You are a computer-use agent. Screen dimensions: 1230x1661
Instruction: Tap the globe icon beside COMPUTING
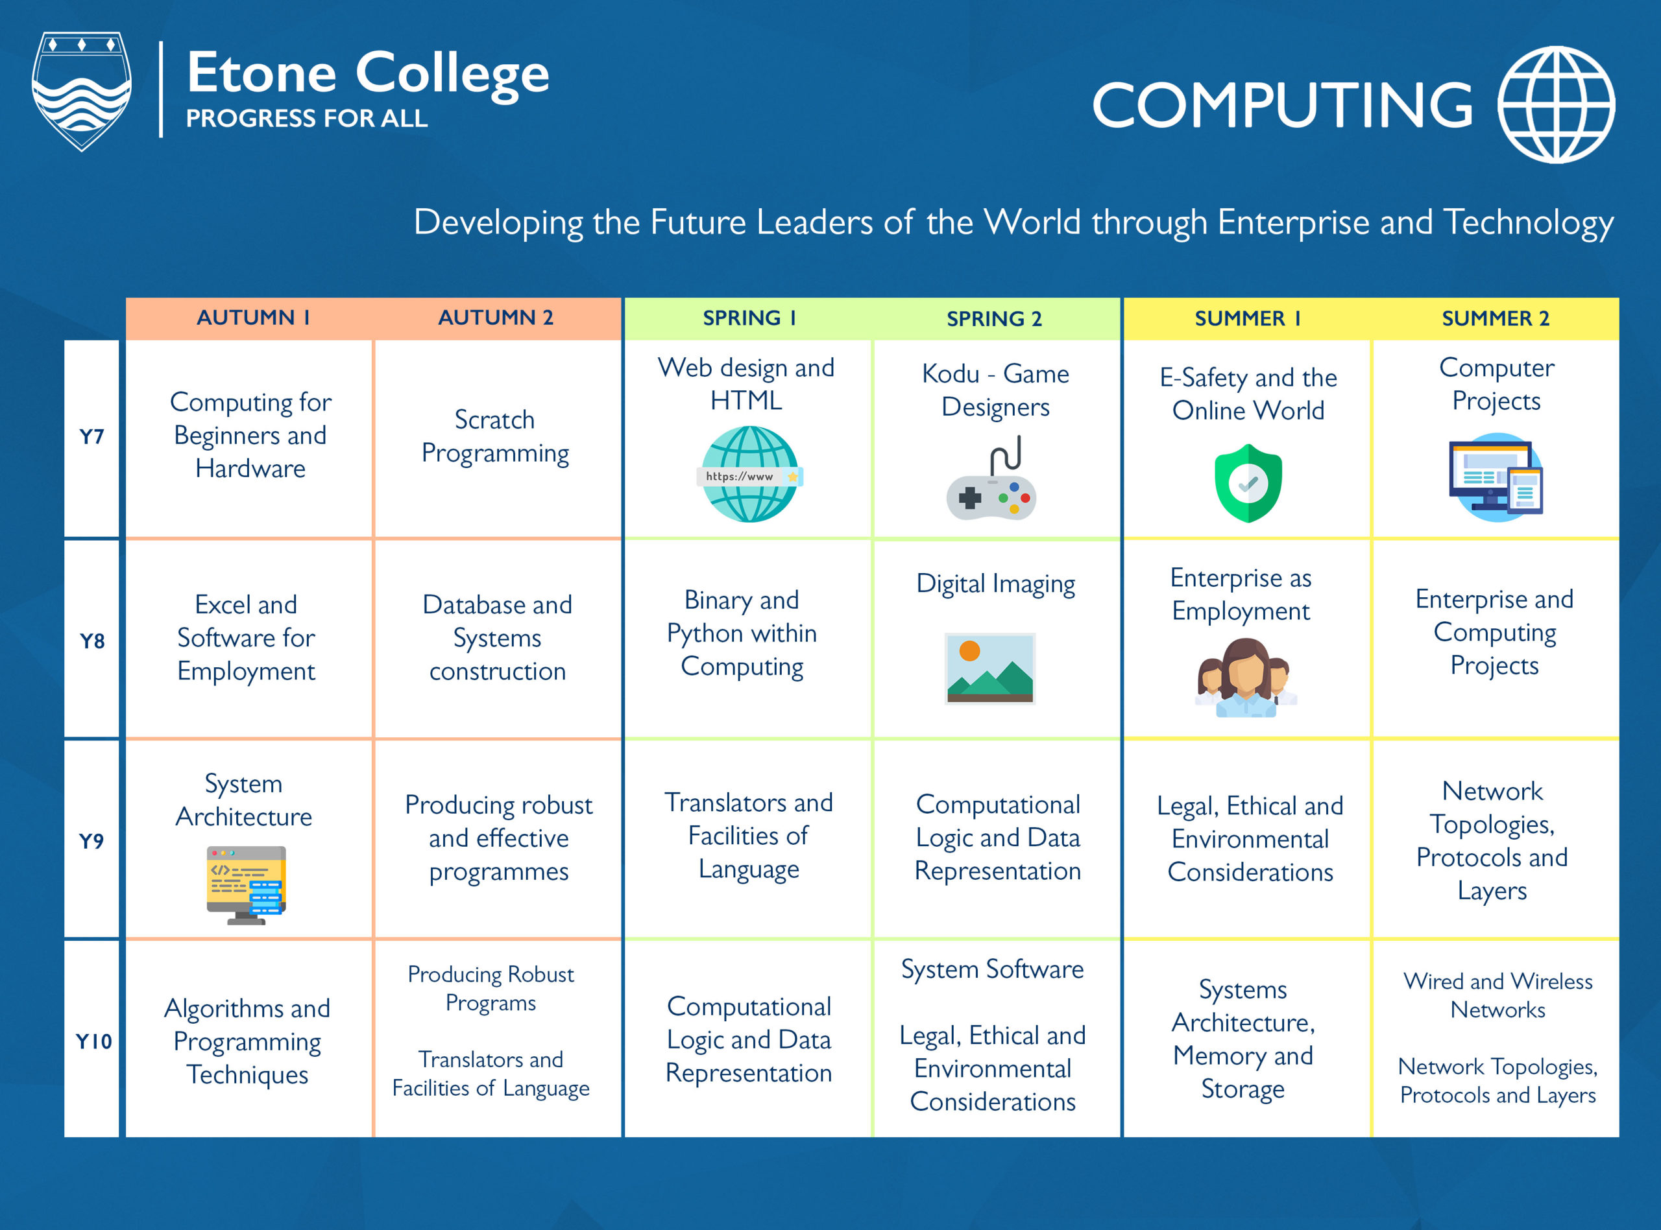point(1556,104)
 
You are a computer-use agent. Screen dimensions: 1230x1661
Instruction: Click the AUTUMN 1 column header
point(252,318)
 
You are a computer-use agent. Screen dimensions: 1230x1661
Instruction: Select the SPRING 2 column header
point(995,318)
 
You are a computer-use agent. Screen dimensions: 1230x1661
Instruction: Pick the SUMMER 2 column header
point(1495,318)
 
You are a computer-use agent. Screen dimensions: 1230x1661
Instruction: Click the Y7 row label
point(91,437)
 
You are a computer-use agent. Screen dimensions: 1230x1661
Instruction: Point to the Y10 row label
point(93,1041)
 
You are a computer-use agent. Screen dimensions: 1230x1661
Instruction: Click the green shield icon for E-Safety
point(1248,484)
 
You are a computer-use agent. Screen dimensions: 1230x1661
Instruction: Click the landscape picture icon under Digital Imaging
point(989,668)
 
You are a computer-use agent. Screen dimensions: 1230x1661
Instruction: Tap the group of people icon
point(1245,678)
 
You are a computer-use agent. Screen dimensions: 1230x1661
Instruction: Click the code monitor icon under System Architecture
point(247,884)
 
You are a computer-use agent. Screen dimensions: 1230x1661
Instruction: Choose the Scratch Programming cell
point(495,436)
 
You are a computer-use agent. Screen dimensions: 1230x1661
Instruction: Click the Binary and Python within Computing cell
point(742,633)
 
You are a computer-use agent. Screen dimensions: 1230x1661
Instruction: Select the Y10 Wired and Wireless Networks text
point(1497,995)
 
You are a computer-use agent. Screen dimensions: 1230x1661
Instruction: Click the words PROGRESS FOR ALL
point(306,119)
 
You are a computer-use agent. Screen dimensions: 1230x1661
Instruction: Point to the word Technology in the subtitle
point(1529,222)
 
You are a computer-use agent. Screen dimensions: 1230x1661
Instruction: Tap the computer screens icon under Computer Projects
point(1496,478)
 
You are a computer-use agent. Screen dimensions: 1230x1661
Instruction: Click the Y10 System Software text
point(992,969)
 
